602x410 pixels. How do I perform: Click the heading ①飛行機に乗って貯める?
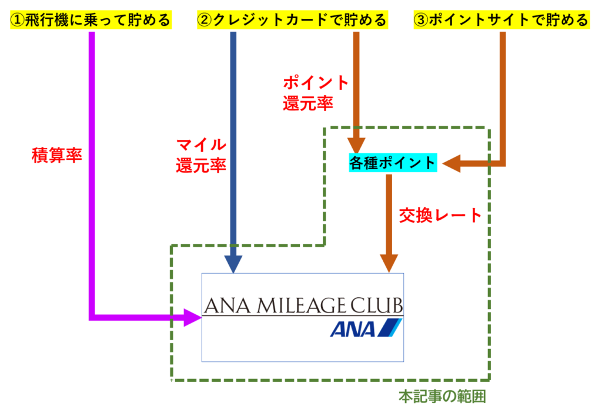coord(91,21)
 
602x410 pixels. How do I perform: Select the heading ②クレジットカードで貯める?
coord(292,21)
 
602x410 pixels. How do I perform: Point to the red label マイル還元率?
coord(201,154)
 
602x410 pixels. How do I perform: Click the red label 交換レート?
coord(440,215)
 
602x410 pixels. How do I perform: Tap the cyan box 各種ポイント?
coord(393,163)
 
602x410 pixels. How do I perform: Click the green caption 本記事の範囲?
coord(442,396)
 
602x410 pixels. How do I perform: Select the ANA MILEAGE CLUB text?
coord(303,306)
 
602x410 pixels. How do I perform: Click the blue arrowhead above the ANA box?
coord(233,263)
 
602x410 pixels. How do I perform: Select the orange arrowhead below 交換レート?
coord(389,261)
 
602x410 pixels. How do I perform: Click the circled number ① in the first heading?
coord(17,21)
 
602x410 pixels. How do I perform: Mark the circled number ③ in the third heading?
coord(422,21)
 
